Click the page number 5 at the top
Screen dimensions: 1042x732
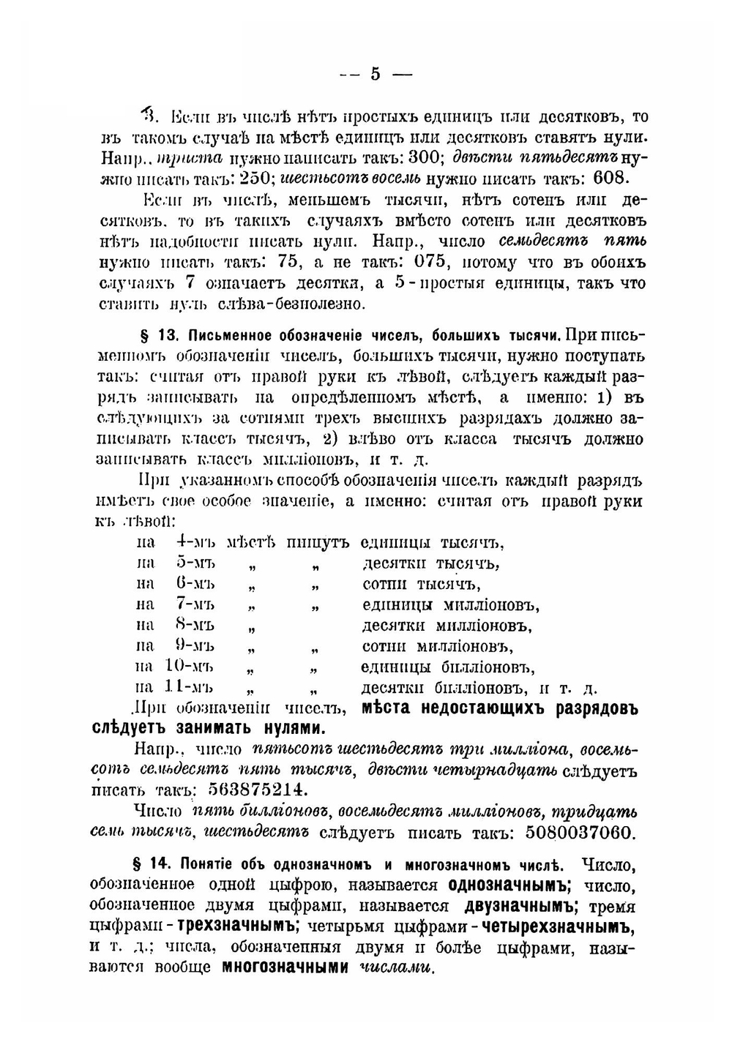376,73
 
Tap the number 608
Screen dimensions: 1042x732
608,179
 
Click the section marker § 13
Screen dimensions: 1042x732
159,336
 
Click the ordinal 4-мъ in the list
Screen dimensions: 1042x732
195,543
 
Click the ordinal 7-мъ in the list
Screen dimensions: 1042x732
194,604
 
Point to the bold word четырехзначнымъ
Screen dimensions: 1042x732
559,926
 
